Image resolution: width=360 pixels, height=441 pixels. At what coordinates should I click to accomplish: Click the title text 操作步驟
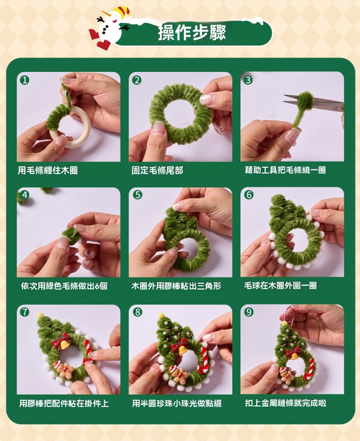tap(192, 33)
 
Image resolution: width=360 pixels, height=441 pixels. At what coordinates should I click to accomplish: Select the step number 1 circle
tap(25, 80)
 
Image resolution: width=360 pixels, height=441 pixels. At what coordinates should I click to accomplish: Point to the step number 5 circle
tap(137, 195)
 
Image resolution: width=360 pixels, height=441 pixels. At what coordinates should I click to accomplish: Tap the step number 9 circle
tap(249, 312)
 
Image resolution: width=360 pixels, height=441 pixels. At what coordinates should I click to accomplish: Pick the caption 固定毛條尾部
tap(157, 170)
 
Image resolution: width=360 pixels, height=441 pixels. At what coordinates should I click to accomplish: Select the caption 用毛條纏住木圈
tap(48, 170)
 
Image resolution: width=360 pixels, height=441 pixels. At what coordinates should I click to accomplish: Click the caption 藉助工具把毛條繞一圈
tap(285, 170)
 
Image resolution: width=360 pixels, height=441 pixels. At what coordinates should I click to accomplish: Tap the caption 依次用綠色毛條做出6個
tap(64, 286)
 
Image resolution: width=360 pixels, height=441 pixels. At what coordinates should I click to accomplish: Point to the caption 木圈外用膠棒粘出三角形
tap(176, 286)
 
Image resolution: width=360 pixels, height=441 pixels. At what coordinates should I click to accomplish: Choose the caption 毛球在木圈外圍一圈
tap(280, 285)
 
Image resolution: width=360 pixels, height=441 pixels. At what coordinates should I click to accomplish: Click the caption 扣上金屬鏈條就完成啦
tap(285, 403)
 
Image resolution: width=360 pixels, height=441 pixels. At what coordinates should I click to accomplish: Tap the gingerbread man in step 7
tap(63, 370)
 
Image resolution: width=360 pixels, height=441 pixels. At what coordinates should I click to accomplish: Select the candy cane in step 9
tap(310, 369)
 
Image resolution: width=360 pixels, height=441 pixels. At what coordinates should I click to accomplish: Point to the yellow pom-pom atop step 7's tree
tap(40, 316)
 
